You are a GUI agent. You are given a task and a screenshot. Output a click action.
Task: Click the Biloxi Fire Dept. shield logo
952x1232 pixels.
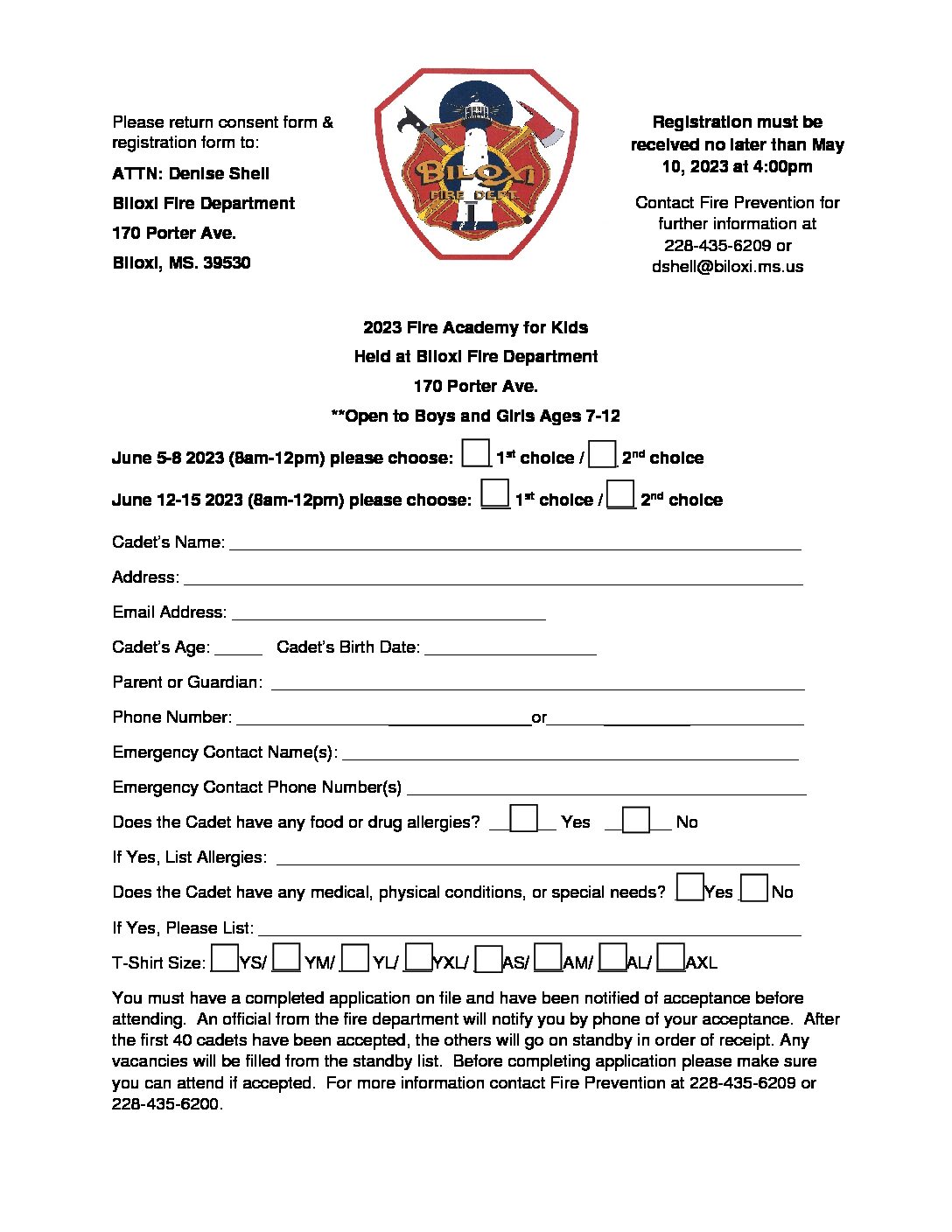476,164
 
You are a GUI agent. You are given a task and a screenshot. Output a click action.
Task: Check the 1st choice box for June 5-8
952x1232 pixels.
475,453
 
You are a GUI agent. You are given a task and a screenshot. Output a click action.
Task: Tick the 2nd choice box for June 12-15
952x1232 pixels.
620,494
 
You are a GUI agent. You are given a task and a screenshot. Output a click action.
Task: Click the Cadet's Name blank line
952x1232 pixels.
514,544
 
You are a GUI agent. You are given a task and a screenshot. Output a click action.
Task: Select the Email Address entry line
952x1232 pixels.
388,614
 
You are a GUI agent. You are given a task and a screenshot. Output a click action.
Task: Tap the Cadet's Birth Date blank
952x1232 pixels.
510,649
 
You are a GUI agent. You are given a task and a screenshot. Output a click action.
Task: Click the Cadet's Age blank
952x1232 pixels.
238,649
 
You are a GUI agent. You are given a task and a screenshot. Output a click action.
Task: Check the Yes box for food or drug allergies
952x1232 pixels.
523,818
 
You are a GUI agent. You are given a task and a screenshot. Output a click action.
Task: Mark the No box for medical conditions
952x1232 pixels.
754,888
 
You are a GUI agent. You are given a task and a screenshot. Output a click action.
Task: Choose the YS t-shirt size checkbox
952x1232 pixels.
225,958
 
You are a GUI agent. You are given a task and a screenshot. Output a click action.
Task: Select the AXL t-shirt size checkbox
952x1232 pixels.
670,958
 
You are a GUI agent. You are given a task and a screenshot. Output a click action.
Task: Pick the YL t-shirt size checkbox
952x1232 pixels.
354,958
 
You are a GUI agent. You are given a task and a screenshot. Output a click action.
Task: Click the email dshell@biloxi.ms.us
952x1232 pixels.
727,267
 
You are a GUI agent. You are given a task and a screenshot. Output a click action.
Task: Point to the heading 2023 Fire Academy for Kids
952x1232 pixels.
475,328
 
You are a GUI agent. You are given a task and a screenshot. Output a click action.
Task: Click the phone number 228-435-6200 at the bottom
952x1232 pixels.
165,1104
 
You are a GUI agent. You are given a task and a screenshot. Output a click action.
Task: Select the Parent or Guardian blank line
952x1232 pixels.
537,684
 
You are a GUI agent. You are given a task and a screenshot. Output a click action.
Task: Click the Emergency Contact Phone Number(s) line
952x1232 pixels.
606,789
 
